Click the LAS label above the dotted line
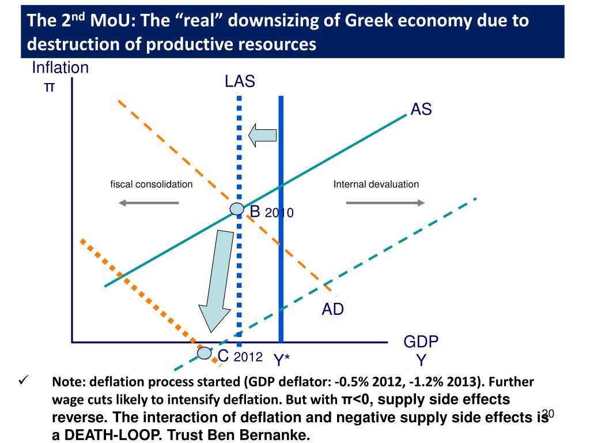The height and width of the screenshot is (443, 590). tap(240, 81)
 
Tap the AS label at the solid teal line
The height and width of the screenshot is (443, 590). tap(421, 109)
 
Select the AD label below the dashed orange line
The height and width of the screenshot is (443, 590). tap(332, 310)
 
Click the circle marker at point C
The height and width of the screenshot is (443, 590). tap(205, 352)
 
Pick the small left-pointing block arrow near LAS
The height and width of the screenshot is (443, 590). tap(262, 135)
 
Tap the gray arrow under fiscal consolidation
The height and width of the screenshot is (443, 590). tap(149, 202)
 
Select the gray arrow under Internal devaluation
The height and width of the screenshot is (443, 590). tap(385, 202)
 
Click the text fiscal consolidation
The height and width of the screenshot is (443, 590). tap(152, 185)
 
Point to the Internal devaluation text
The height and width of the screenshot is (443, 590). tap(376, 185)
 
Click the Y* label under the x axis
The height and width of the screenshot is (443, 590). tap(281, 361)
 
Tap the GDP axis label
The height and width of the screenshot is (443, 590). tap(421, 342)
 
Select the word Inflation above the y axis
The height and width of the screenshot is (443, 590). tap(60, 68)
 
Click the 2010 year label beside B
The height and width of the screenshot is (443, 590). tap(279, 213)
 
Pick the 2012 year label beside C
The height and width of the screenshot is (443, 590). tap(248, 358)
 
